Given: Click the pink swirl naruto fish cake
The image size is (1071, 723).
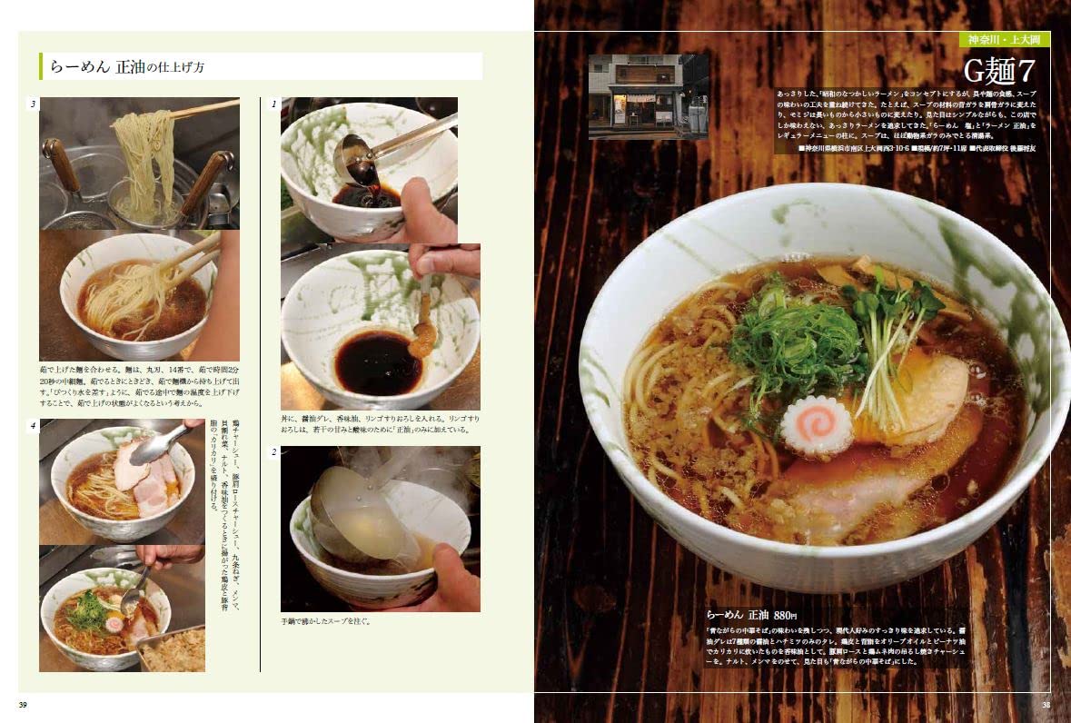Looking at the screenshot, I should [818, 426].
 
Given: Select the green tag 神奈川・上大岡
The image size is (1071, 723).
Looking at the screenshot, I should [1005, 40].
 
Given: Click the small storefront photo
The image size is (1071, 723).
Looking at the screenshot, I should [648, 96].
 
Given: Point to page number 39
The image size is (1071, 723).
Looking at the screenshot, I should [24, 705].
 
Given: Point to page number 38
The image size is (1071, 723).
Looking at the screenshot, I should [1046, 705].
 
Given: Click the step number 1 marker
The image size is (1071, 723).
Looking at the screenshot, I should [274, 104].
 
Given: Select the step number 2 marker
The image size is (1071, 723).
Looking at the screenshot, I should [274, 452].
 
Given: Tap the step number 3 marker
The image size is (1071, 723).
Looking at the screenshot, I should [33, 104].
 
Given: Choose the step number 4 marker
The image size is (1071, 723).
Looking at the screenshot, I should [33, 425].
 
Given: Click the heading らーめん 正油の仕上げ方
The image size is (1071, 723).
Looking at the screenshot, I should [145, 66].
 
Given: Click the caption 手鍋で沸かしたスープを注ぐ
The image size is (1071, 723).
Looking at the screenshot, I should [326, 622].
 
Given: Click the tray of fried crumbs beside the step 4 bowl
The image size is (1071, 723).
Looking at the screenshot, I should [175, 647].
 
